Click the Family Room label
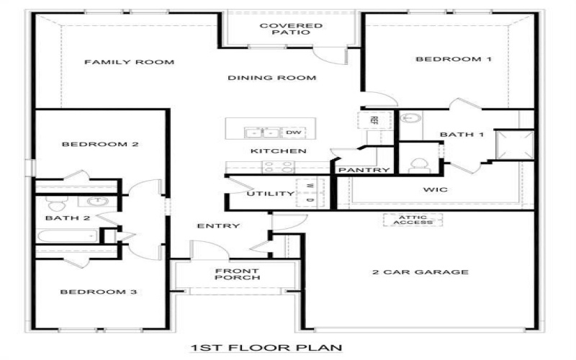click(129, 62)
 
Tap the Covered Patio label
click(291, 30)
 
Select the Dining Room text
click(273, 78)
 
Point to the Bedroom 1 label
click(454, 59)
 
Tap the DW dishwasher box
click(293, 132)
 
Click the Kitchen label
click(279, 151)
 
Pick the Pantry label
click(364, 171)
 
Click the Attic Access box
click(412, 220)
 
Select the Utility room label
click(270, 194)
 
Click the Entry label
click(218, 226)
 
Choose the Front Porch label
click(236, 274)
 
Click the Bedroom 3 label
click(99, 292)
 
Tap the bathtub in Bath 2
click(67, 235)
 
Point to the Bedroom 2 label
click(100, 144)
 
